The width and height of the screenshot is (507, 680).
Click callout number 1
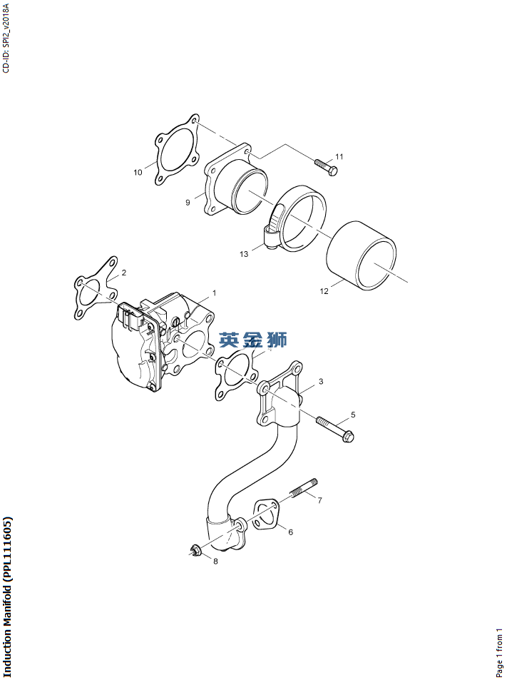pos(214,293)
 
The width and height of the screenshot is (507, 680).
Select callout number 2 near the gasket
pos(123,273)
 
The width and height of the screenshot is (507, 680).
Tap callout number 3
pos(321,382)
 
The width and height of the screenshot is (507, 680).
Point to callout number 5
pos(352,415)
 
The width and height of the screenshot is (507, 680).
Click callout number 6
pos(290,531)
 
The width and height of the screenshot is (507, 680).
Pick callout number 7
pos(319,500)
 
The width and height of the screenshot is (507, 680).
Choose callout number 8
pos(215,561)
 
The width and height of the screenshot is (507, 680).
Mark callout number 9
pos(188,203)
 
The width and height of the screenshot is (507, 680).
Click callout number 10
pos(138,172)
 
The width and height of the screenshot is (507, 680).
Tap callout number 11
pos(339,156)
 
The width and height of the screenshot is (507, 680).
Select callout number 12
pos(324,291)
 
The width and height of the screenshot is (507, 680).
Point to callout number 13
pos(244,253)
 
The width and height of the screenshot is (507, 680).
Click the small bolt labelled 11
pos(326,166)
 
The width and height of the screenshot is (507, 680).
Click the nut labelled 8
pos(195,549)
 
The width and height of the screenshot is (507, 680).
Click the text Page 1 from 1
pos(499,652)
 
